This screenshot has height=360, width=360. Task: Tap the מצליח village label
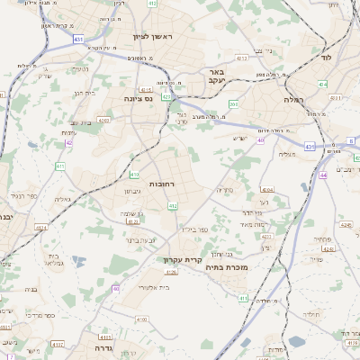point(288,154)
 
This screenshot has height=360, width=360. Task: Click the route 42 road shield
point(68,142)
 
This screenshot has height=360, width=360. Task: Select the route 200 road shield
point(233,104)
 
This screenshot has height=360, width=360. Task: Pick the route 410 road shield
point(134,174)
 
